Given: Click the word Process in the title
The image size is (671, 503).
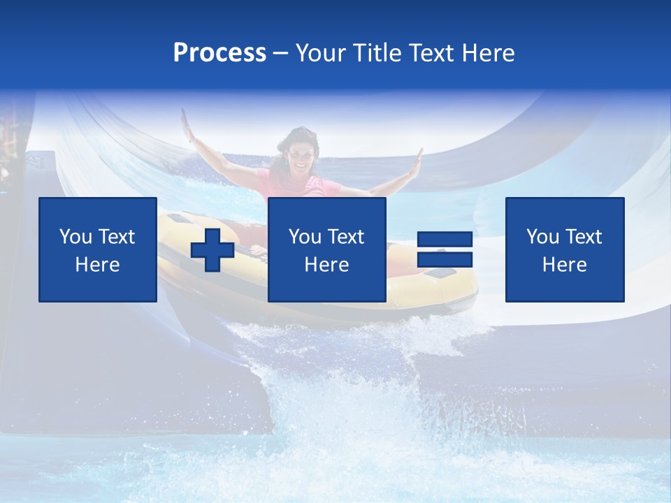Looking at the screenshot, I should click(219, 53).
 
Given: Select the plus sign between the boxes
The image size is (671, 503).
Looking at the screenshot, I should click(212, 249).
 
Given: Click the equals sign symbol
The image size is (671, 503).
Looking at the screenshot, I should click(445, 249).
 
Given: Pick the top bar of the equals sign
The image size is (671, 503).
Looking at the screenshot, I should click(445, 240).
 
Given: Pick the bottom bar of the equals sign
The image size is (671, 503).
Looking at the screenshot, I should click(445, 260).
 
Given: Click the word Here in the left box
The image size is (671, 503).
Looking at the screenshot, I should click(98, 265).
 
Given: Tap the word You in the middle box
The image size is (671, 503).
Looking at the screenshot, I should click(305, 237).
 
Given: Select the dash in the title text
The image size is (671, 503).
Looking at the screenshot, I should click(281, 53).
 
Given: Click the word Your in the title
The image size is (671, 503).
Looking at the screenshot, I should click(321, 53).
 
